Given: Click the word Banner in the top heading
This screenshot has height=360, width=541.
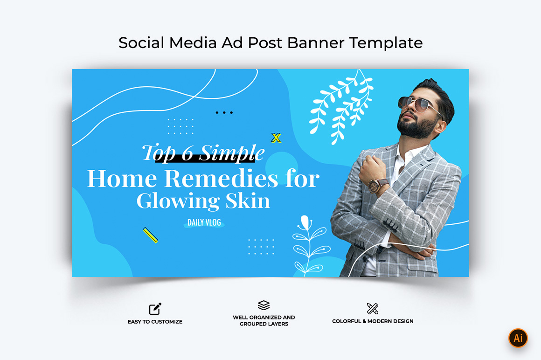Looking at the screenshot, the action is click(x=315, y=43).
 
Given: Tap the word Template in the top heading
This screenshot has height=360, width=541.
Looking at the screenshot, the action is click(x=386, y=43).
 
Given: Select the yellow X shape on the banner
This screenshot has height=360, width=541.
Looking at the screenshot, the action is click(x=276, y=138).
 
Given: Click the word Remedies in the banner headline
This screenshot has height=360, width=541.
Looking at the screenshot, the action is click(x=221, y=179).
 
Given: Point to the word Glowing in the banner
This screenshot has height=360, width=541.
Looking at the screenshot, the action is click(x=178, y=201).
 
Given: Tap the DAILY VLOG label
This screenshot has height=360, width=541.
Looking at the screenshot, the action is click(x=204, y=223).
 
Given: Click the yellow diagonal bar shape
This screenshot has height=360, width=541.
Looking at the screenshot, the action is click(x=151, y=235).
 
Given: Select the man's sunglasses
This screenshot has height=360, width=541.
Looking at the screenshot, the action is click(x=417, y=104).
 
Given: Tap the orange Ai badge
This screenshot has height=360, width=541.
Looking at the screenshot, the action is click(x=518, y=338).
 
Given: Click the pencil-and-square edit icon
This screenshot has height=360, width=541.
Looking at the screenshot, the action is click(x=155, y=309).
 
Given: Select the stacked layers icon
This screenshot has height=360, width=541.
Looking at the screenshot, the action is click(x=264, y=305).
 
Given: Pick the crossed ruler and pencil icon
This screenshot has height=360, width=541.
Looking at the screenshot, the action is click(x=373, y=309).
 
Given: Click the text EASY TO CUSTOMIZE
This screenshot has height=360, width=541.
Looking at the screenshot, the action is click(x=155, y=322).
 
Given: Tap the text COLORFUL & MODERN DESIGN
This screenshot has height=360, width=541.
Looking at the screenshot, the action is click(x=373, y=321).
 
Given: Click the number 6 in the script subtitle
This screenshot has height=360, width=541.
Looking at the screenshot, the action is click(x=187, y=153).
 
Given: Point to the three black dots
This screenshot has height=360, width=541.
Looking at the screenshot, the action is click(x=224, y=112).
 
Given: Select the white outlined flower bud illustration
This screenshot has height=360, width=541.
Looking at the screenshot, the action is click(x=305, y=222).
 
